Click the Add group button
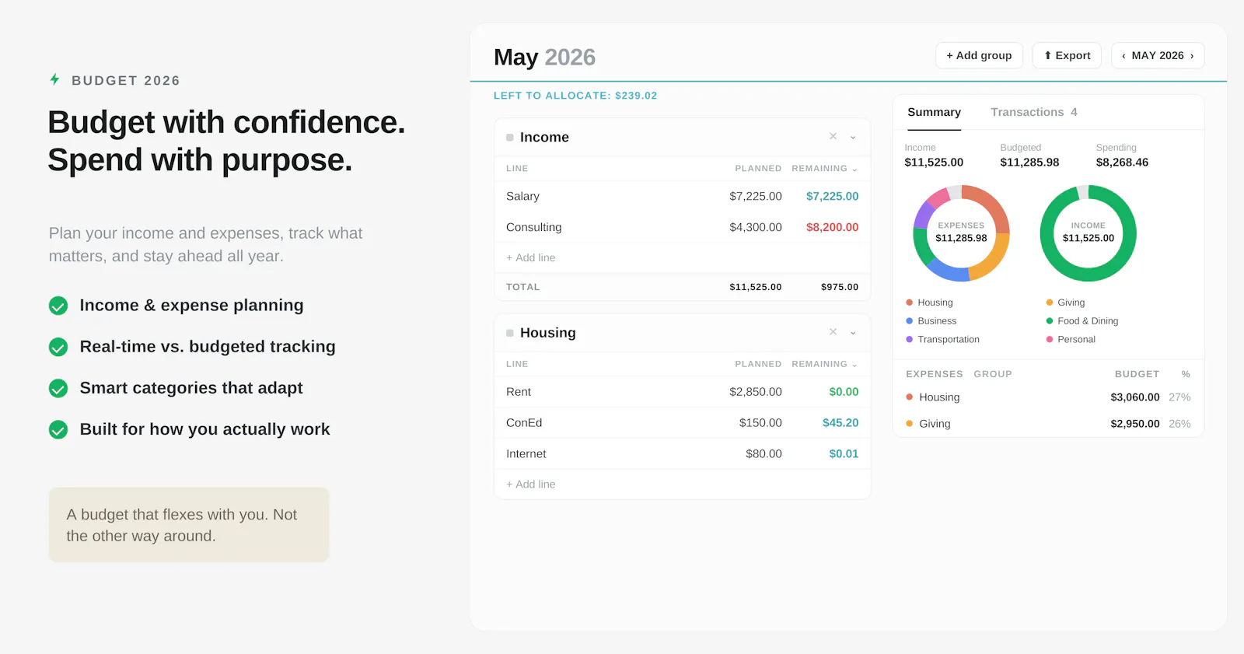(x=979, y=55)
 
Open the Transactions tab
(x=1033, y=112)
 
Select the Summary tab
(x=934, y=112)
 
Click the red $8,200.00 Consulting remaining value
(x=832, y=227)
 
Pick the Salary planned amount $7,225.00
(x=755, y=196)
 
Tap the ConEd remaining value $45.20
(x=840, y=423)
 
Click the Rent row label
(x=518, y=392)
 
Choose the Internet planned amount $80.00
(x=764, y=454)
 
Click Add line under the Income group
(x=530, y=258)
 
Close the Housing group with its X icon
(x=833, y=332)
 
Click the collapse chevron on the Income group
(x=853, y=137)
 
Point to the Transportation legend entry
(x=942, y=340)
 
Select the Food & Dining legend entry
(x=1082, y=321)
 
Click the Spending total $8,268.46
(x=1122, y=163)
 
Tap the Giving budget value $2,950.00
(x=1134, y=424)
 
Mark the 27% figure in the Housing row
(x=1179, y=397)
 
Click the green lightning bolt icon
(x=55, y=79)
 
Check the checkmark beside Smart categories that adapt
(x=58, y=388)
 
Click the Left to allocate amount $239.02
(x=636, y=96)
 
